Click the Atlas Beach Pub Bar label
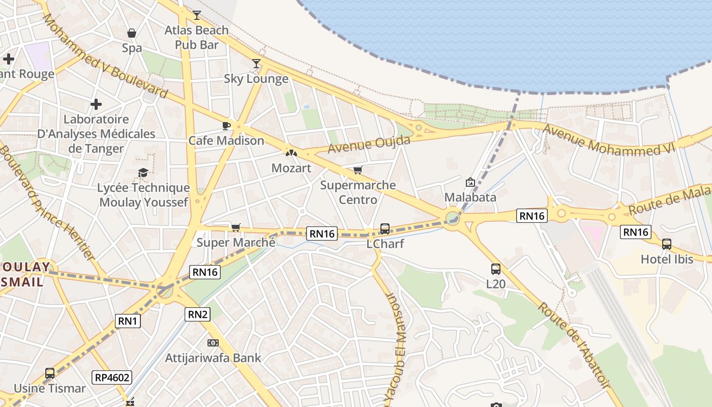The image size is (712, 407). pyautogui.click(x=196, y=38)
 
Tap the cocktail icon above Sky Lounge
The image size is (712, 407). pyautogui.click(x=256, y=64)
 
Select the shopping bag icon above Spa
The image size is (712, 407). pyautogui.click(x=132, y=34)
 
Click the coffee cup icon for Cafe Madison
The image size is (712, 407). pyautogui.click(x=226, y=126)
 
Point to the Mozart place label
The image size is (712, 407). pyautogui.click(x=291, y=168)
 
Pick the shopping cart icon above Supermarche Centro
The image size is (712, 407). pyautogui.click(x=358, y=170)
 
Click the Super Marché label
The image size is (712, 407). pyautogui.click(x=236, y=242)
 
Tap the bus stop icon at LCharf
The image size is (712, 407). pyautogui.click(x=385, y=229)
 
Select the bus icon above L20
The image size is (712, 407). pyautogui.click(x=496, y=269)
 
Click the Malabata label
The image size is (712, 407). pyautogui.click(x=470, y=197)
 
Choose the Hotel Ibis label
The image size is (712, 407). pyautogui.click(x=667, y=259)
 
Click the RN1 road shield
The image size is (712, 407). pyautogui.click(x=128, y=321)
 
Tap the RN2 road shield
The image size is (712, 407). pyautogui.click(x=198, y=314)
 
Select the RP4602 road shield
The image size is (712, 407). pyautogui.click(x=112, y=377)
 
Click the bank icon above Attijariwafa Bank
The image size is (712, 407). pyautogui.click(x=213, y=343)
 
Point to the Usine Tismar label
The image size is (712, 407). pyautogui.click(x=50, y=388)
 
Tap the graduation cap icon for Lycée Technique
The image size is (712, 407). pyautogui.click(x=143, y=173)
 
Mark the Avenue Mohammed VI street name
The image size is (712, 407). pyautogui.click(x=608, y=139)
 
